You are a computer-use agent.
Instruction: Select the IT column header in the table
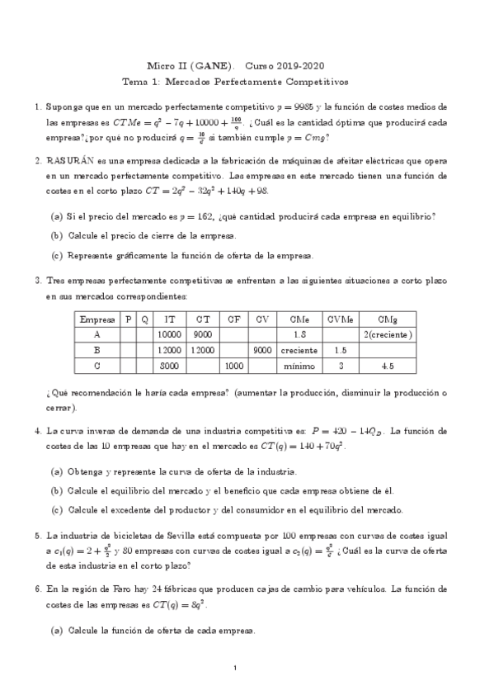[169, 319]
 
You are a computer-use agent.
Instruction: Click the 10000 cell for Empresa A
[169, 333]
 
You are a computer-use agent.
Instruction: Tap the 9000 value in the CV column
[262, 349]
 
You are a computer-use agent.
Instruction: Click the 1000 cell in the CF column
[233, 365]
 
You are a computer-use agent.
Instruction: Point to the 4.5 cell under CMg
[386, 365]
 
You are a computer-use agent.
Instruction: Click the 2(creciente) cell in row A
[386, 333]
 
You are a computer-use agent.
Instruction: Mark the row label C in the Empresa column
[97, 365]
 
